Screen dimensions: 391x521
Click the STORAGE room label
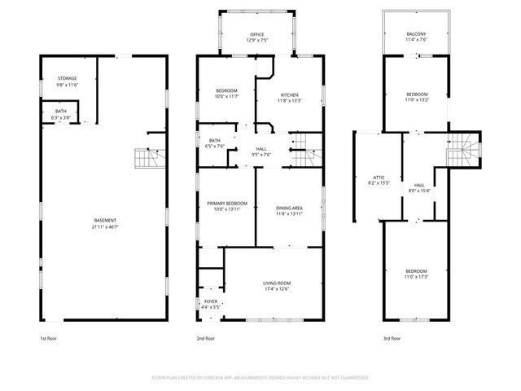click(x=67, y=78)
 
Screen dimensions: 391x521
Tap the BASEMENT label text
click(x=104, y=221)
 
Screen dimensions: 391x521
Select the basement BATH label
click(x=61, y=111)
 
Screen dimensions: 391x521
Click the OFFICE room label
click(x=257, y=34)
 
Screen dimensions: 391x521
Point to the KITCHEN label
click(x=290, y=95)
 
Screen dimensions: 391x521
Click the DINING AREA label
click(x=290, y=208)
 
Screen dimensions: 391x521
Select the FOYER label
click(x=211, y=301)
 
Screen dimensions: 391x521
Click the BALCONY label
click(x=416, y=33)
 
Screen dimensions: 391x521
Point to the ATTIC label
click(x=379, y=177)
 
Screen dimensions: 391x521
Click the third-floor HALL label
click(x=419, y=186)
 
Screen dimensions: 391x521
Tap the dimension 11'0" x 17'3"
click(x=416, y=277)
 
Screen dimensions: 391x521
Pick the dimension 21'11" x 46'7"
click(x=104, y=226)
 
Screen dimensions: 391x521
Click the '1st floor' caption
click(x=49, y=338)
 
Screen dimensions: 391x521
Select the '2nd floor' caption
click(x=205, y=338)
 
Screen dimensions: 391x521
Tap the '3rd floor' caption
click(x=392, y=338)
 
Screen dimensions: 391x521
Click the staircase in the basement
click(x=146, y=156)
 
